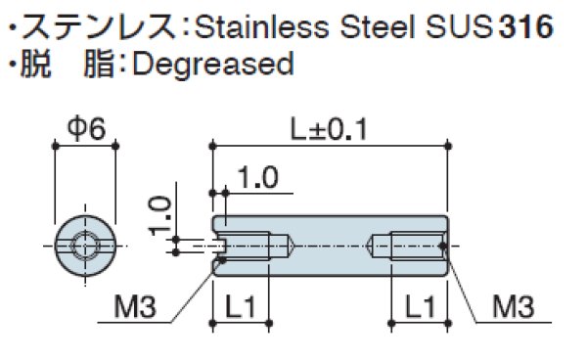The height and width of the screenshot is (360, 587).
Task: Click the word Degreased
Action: [211, 65]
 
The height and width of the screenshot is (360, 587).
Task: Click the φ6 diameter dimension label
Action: [84, 128]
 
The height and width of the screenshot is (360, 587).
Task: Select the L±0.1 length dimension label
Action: [328, 128]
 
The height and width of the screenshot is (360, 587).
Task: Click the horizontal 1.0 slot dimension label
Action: [258, 178]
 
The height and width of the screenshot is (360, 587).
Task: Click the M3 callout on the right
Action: [512, 308]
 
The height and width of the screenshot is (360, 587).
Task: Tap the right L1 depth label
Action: [418, 307]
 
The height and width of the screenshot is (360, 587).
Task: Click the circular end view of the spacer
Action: [84, 245]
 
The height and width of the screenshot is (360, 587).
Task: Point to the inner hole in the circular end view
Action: [84, 245]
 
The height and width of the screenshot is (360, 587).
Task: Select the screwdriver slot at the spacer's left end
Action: [220, 245]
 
